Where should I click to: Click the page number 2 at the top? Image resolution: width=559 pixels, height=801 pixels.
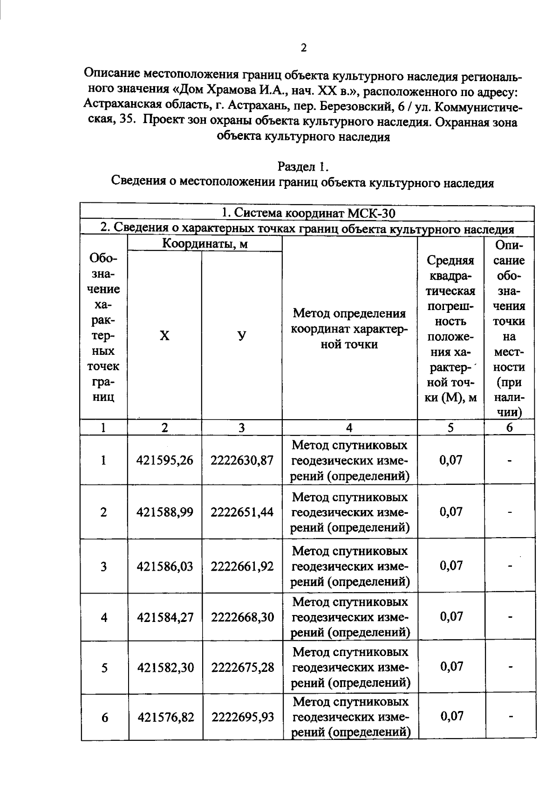(x=303, y=48)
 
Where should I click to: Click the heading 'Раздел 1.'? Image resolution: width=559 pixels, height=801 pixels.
(x=303, y=166)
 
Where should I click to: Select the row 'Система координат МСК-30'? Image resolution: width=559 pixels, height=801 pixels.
(x=308, y=213)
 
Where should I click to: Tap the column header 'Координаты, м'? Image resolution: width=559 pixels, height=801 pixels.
(x=205, y=243)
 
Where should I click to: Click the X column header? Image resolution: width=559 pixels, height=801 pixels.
(x=164, y=336)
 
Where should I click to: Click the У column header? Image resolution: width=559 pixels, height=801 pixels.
(x=242, y=336)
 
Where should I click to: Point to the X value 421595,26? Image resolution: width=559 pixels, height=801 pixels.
(x=164, y=461)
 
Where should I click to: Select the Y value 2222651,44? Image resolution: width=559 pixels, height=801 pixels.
(x=242, y=512)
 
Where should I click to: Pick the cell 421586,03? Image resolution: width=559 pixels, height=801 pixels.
(x=165, y=566)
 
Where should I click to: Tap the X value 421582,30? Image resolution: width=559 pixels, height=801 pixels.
(x=165, y=668)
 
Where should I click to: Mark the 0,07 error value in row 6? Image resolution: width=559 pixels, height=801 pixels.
(x=451, y=716)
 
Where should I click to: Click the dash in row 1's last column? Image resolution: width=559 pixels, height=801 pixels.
(x=510, y=461)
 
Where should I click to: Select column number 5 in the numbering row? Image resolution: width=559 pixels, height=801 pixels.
(x=450, y=428)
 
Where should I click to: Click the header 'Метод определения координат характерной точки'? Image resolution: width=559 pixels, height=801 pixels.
(x=349, y=329)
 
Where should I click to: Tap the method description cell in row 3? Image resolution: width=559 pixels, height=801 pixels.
(x=350, y=566)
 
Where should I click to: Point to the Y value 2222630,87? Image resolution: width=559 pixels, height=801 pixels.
(x=242, y=461)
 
